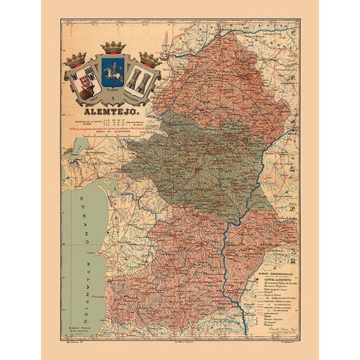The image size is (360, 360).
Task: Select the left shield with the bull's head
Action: [x=79, y=82]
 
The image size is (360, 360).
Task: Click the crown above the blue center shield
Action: [x=113, y=48]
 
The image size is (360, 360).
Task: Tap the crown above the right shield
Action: [x=149, y=59]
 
